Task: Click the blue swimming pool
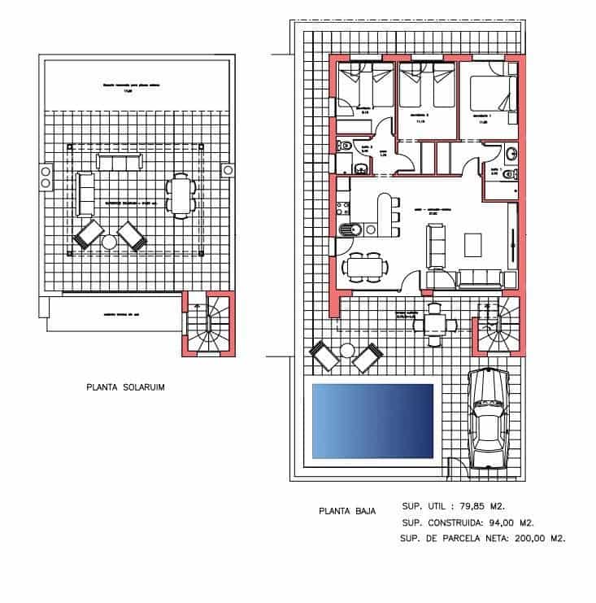click(x=372, y=420)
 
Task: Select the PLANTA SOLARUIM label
click(x=125, y=389)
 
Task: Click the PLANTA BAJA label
click(x=346, y=512)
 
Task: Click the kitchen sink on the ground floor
click(x=347, y=230)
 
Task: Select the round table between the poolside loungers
click(x=347, y=351)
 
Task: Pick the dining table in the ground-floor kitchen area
click(x=364, y=266)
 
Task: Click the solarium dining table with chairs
click(x=181, y=196)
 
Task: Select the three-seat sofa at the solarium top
click(x=118, y=160)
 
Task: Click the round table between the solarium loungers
click(x=109, y=242)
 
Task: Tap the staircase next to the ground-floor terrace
click(x=498, y=323)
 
